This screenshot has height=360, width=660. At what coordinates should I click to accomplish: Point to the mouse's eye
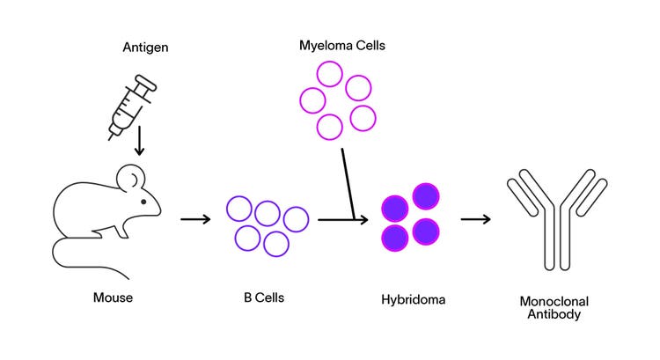(143, 202)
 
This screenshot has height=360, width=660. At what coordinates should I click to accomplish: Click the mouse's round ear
(129, 179)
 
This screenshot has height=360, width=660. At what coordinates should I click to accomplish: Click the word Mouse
(113, 298)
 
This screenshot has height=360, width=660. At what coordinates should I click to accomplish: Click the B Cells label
(264, 298)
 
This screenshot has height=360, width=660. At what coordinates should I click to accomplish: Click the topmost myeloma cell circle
(330, 74)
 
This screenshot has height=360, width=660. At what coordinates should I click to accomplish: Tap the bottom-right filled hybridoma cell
(426, 231)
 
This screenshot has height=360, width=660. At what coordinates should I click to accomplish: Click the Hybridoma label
(414, 299)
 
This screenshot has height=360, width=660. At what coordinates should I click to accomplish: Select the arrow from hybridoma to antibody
(476, 217)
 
